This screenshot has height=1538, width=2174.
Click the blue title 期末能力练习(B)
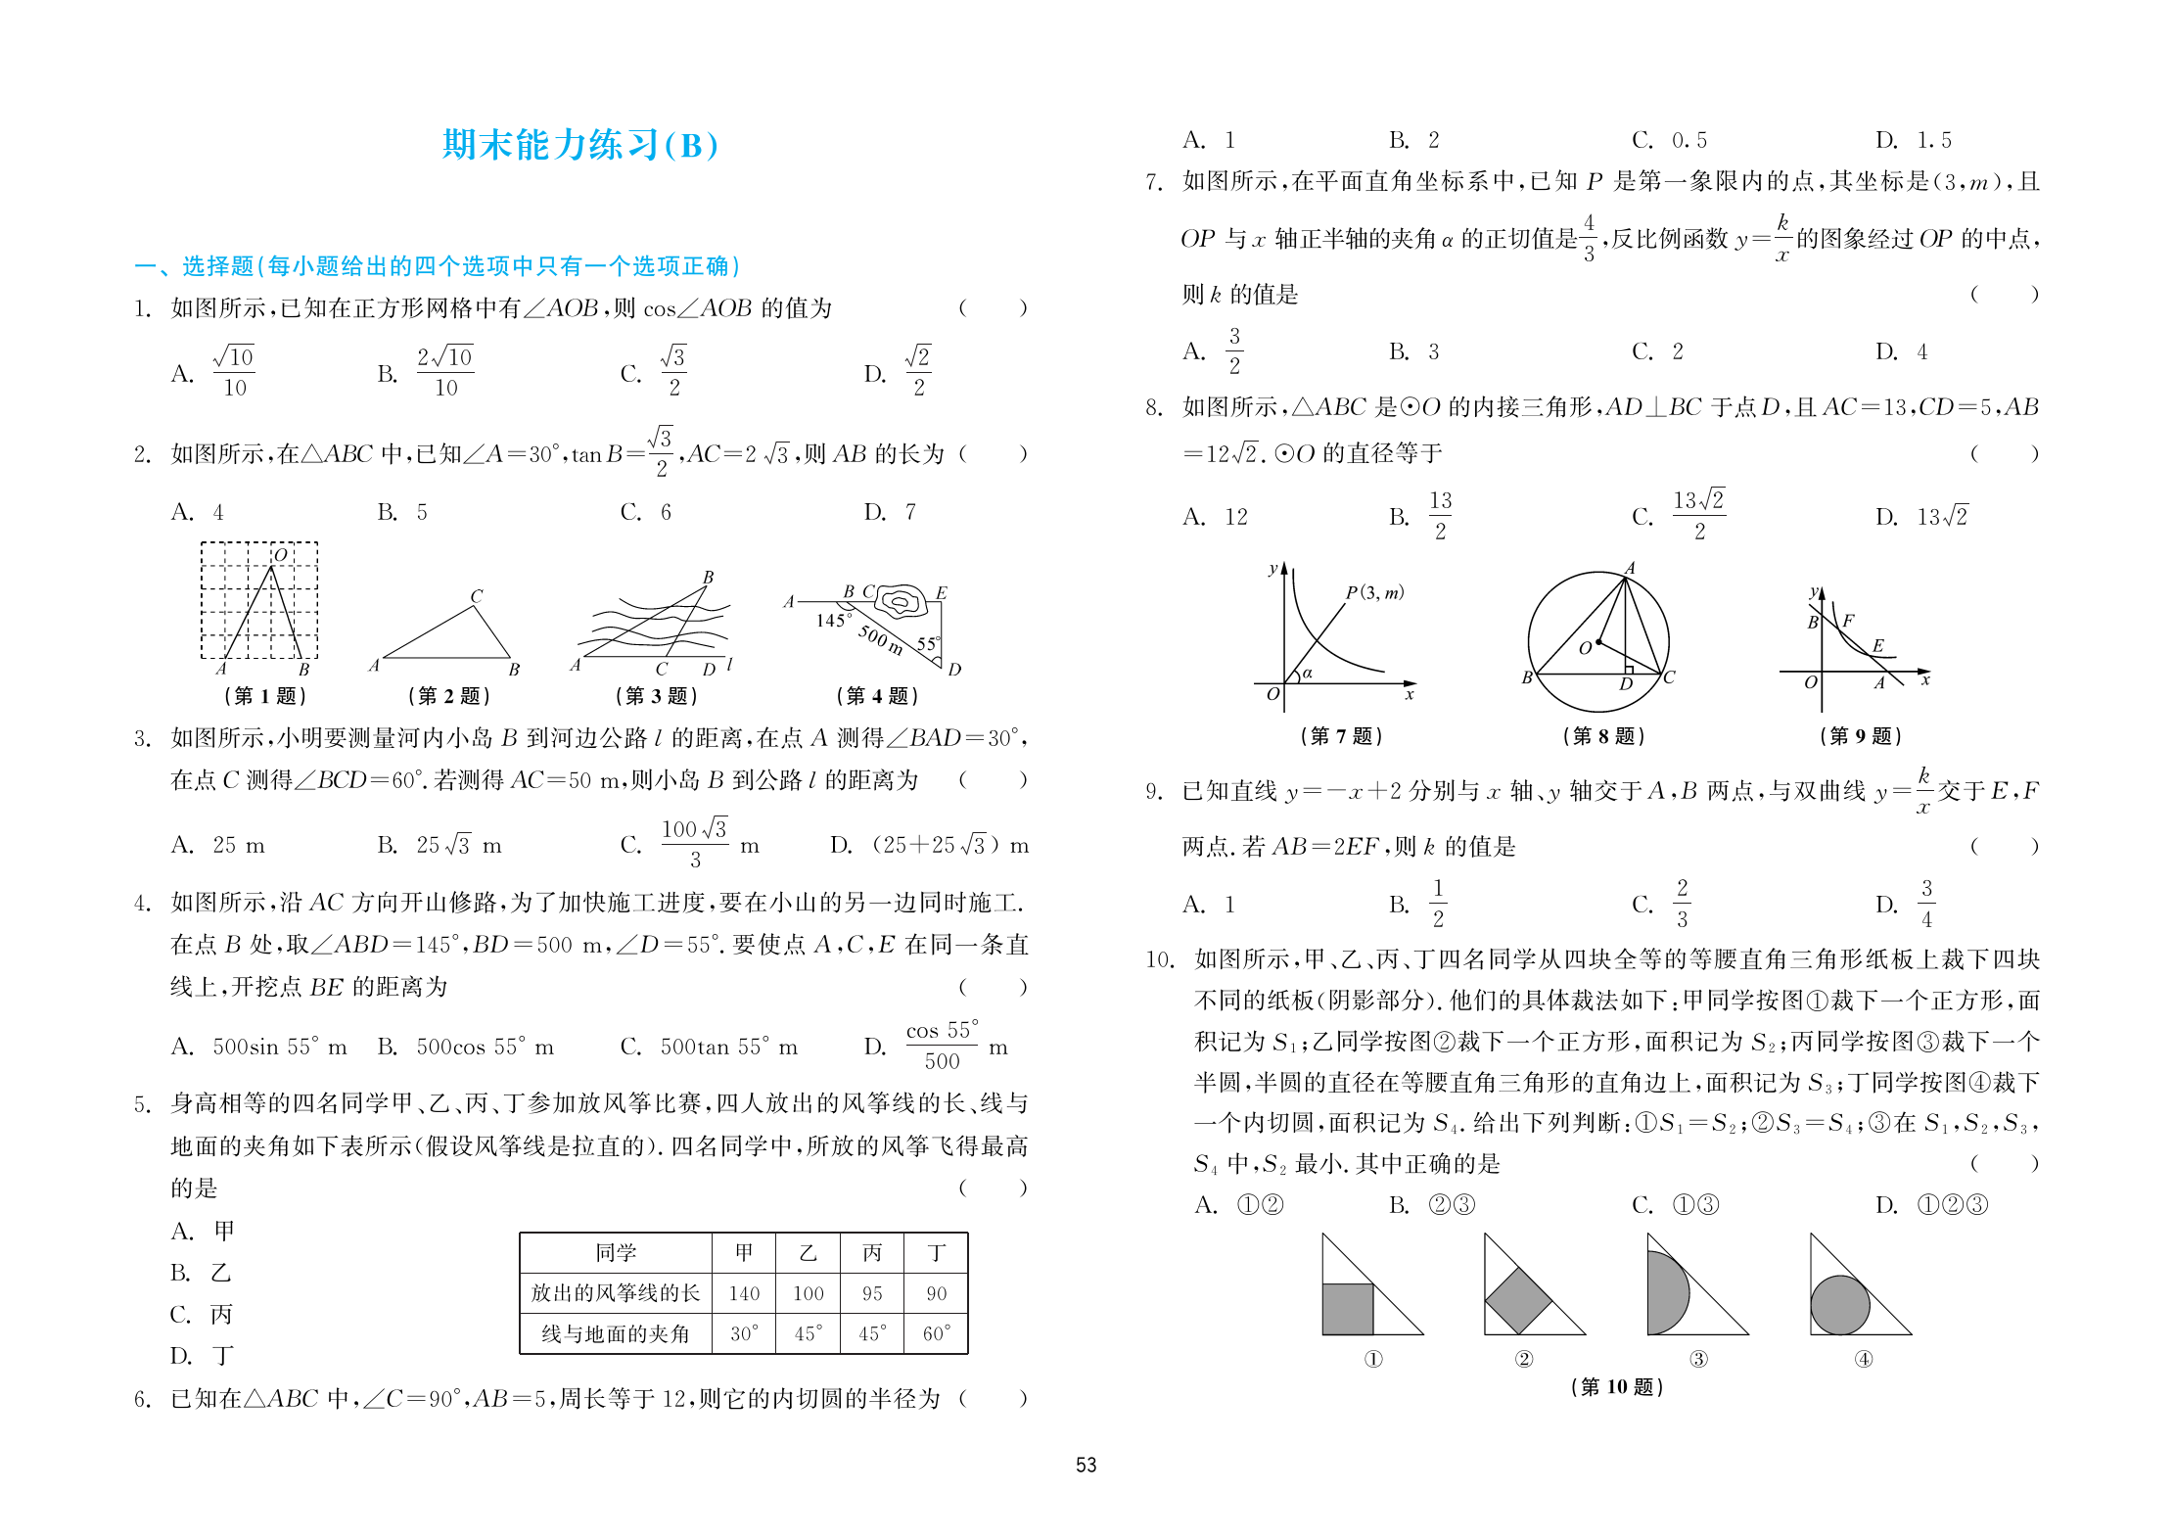(x=579, y=145)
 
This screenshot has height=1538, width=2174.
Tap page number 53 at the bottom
(x=1086, y=1465)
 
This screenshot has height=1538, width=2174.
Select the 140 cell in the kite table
(x=744, y=1293)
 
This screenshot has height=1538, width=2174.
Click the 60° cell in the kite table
(x=936, y=1333)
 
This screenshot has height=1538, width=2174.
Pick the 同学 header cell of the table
(x=616, y=1252)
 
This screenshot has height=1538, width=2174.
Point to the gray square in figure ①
(x=1347, y=1309)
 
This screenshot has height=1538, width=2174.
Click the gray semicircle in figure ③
(x=1666, y=1293)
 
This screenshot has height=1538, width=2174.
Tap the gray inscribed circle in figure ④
(x=1839, y=1305)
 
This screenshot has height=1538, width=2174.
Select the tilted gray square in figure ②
(x=1518, y=1300)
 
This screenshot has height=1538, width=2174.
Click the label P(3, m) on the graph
(x=1374, y=592)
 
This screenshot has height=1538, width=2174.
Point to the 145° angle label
(x=832, y=620)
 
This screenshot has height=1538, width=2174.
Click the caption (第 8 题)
(x=1603, y=735)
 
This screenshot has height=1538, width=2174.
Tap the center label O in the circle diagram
(x=1585, y=647)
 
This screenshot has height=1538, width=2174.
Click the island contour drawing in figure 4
(x=902, y=600)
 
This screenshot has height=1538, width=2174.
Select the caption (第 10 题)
(x=1616, y=1386)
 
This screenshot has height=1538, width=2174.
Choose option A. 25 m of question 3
(x=217, y=845)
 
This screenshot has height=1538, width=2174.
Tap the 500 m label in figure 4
(x=881, y=638)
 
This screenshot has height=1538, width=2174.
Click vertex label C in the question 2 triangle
(x=477, y=596)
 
